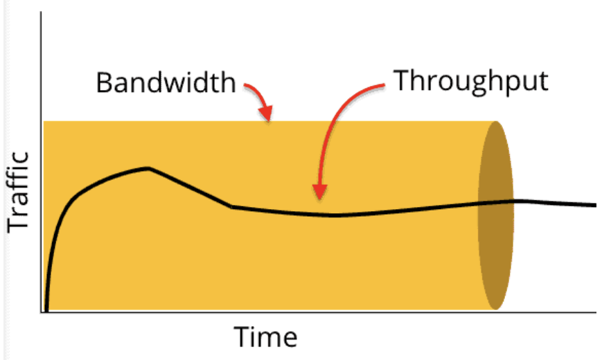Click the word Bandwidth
pos(166,82)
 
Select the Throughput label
pos(471,81)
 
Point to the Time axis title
pos(265,336)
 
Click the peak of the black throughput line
pos(148,168)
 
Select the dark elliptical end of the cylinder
pos(496,215)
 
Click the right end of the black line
pos(595,205)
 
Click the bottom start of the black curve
pos(46,311)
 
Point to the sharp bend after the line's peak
pos(231,206)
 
